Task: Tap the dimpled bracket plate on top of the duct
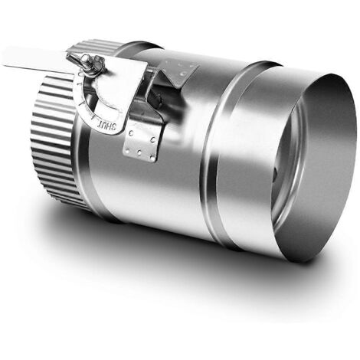pyautogui.click(x=178, y=69)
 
